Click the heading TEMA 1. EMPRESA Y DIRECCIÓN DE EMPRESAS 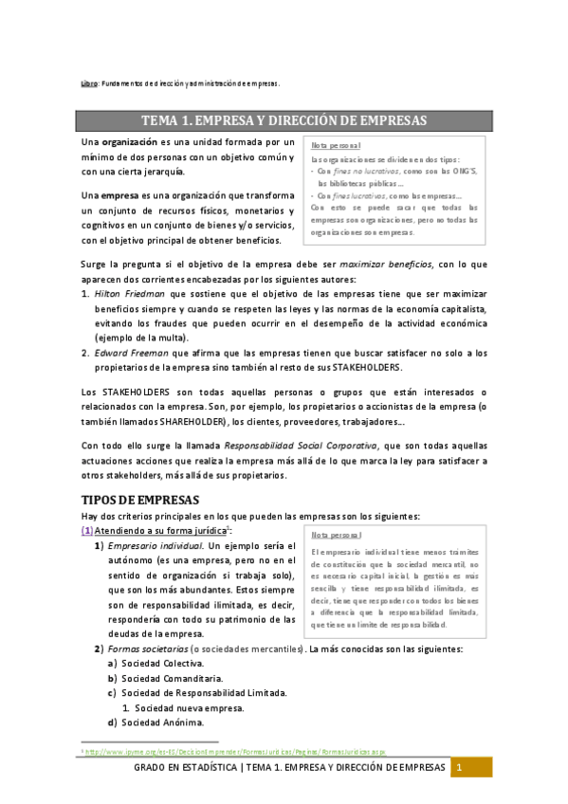point(284,120)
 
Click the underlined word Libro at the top point(88,83)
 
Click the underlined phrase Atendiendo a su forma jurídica point(156,532)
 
